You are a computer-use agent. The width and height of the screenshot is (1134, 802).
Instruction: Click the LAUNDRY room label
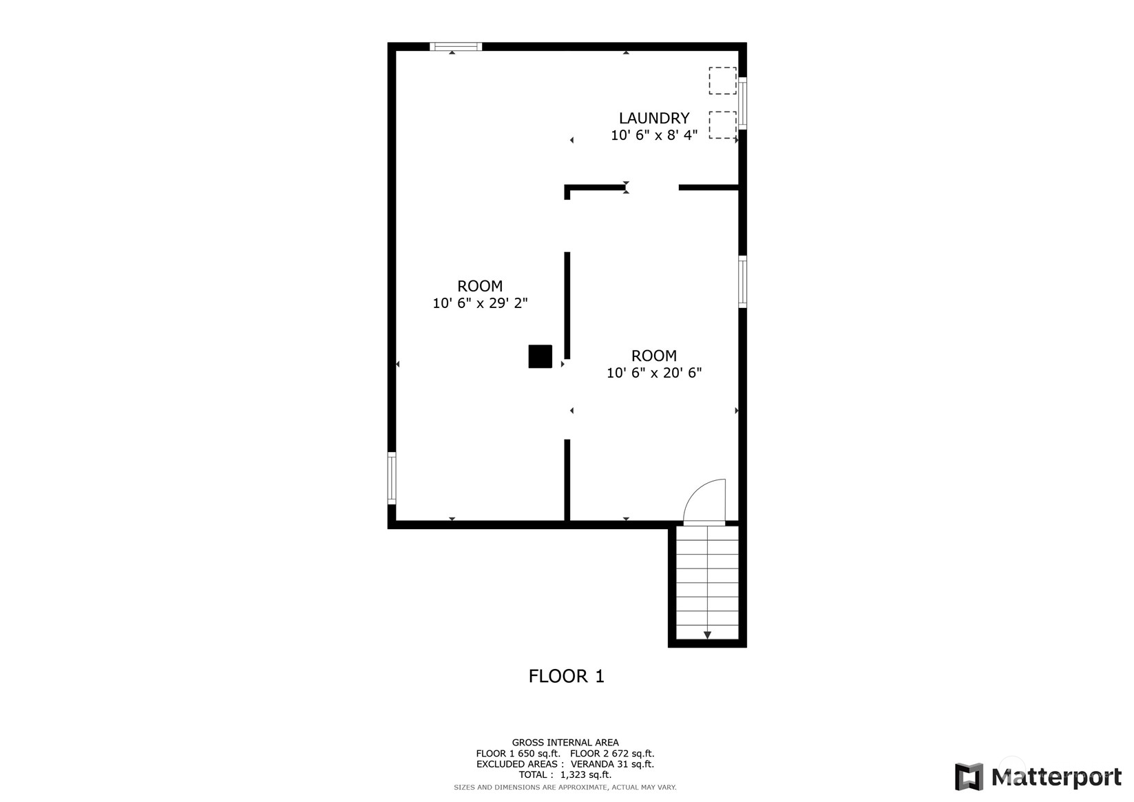coord(653,119)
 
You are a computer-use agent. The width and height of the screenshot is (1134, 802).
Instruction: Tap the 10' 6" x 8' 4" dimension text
coord(653,136)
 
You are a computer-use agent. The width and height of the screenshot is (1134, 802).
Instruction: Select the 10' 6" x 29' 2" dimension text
coord(480,303)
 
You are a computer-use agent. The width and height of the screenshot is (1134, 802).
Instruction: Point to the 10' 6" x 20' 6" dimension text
coord(653,373)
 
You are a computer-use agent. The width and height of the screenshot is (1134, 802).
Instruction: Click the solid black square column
coord(540,356)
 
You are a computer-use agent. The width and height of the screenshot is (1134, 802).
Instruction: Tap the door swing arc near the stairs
coord(706,502)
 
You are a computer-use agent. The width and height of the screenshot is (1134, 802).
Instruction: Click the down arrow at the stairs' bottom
coord(707,635)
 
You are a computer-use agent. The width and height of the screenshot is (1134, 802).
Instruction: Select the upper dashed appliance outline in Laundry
coord(722,81)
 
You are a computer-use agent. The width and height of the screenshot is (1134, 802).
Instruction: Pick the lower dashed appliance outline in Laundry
coord(722,125)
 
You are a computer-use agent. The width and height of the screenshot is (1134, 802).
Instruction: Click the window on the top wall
coord(455,47)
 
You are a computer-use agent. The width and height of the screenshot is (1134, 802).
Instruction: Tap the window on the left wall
coord(392,478)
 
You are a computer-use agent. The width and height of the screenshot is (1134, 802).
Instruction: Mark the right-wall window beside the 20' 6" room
coord(742,281)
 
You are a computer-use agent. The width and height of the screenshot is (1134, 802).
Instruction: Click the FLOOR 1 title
coord(566,677)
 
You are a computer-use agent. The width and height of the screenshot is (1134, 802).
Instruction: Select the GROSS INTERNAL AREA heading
coord(565,743)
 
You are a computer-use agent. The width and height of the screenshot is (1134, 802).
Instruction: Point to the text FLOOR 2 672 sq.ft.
coord(612,754)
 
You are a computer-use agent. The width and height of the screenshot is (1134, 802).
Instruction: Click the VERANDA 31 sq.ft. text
coord(612,764)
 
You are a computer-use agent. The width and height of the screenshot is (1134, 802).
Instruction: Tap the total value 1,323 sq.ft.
coord(585,775)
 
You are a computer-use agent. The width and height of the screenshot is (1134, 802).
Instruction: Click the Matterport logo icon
coord(969,777)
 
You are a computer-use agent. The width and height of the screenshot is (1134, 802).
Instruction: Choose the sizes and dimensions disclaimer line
coord(565,787)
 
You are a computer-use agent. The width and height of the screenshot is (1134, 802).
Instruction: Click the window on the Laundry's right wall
coord(742,104)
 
